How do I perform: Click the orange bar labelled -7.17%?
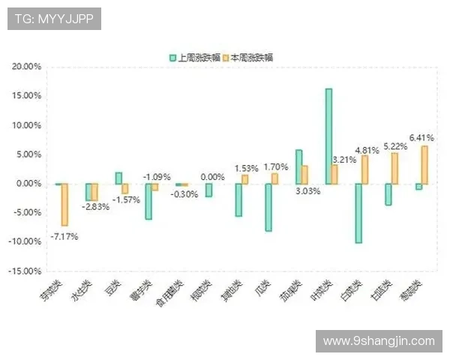[64, 204]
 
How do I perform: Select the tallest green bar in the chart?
[328, 136]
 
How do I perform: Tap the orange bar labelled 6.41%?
[424, 165]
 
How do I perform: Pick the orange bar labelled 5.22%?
[394, 168]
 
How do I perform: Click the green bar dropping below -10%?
[358, 213]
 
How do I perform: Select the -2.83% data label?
[95, 206]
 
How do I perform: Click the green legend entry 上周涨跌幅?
[194, 57]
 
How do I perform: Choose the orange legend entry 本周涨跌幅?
[250, 57]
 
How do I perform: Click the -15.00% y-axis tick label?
[25, 271]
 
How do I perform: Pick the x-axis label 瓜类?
[262, 286]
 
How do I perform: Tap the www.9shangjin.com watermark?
[379, 341]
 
